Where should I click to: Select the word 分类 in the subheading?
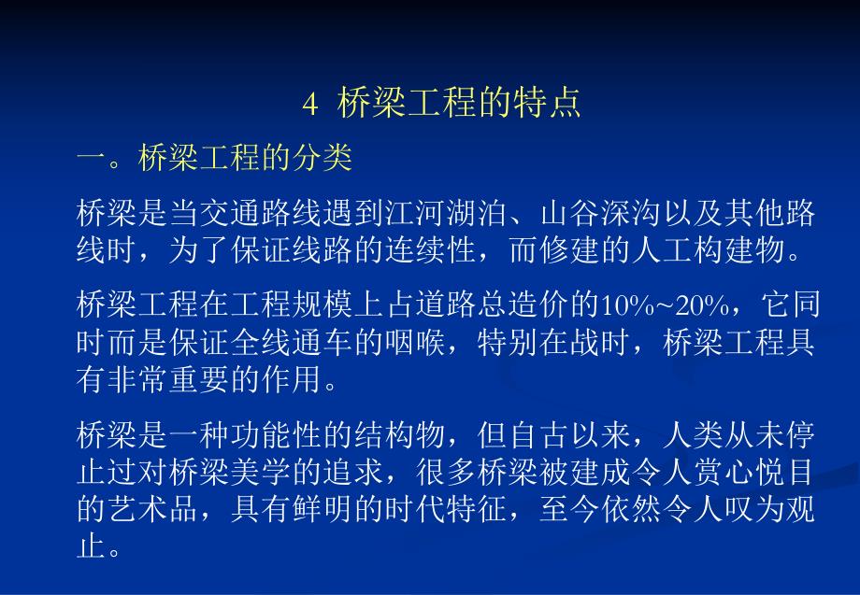322,159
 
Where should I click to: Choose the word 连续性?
445,249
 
